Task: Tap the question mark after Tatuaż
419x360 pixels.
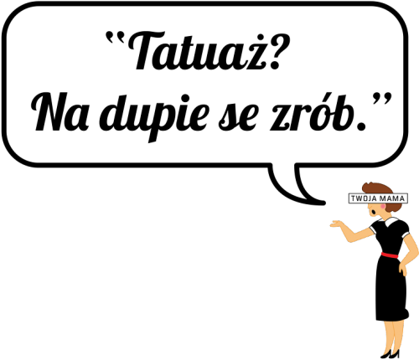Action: pos(279,51)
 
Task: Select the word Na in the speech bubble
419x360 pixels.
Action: pos(61,112)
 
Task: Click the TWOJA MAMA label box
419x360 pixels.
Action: pos(378,198)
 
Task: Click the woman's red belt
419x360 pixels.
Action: pos(390,255)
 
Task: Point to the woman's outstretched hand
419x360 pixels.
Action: pos(337,224)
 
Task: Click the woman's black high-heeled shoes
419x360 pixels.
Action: pos(391,353)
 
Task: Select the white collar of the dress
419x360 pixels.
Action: pos(391,221)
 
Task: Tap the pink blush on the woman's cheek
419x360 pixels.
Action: pos(382,206)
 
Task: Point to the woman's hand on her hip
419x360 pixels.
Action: pos(403,269)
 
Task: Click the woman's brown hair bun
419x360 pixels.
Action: pos(389,207)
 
